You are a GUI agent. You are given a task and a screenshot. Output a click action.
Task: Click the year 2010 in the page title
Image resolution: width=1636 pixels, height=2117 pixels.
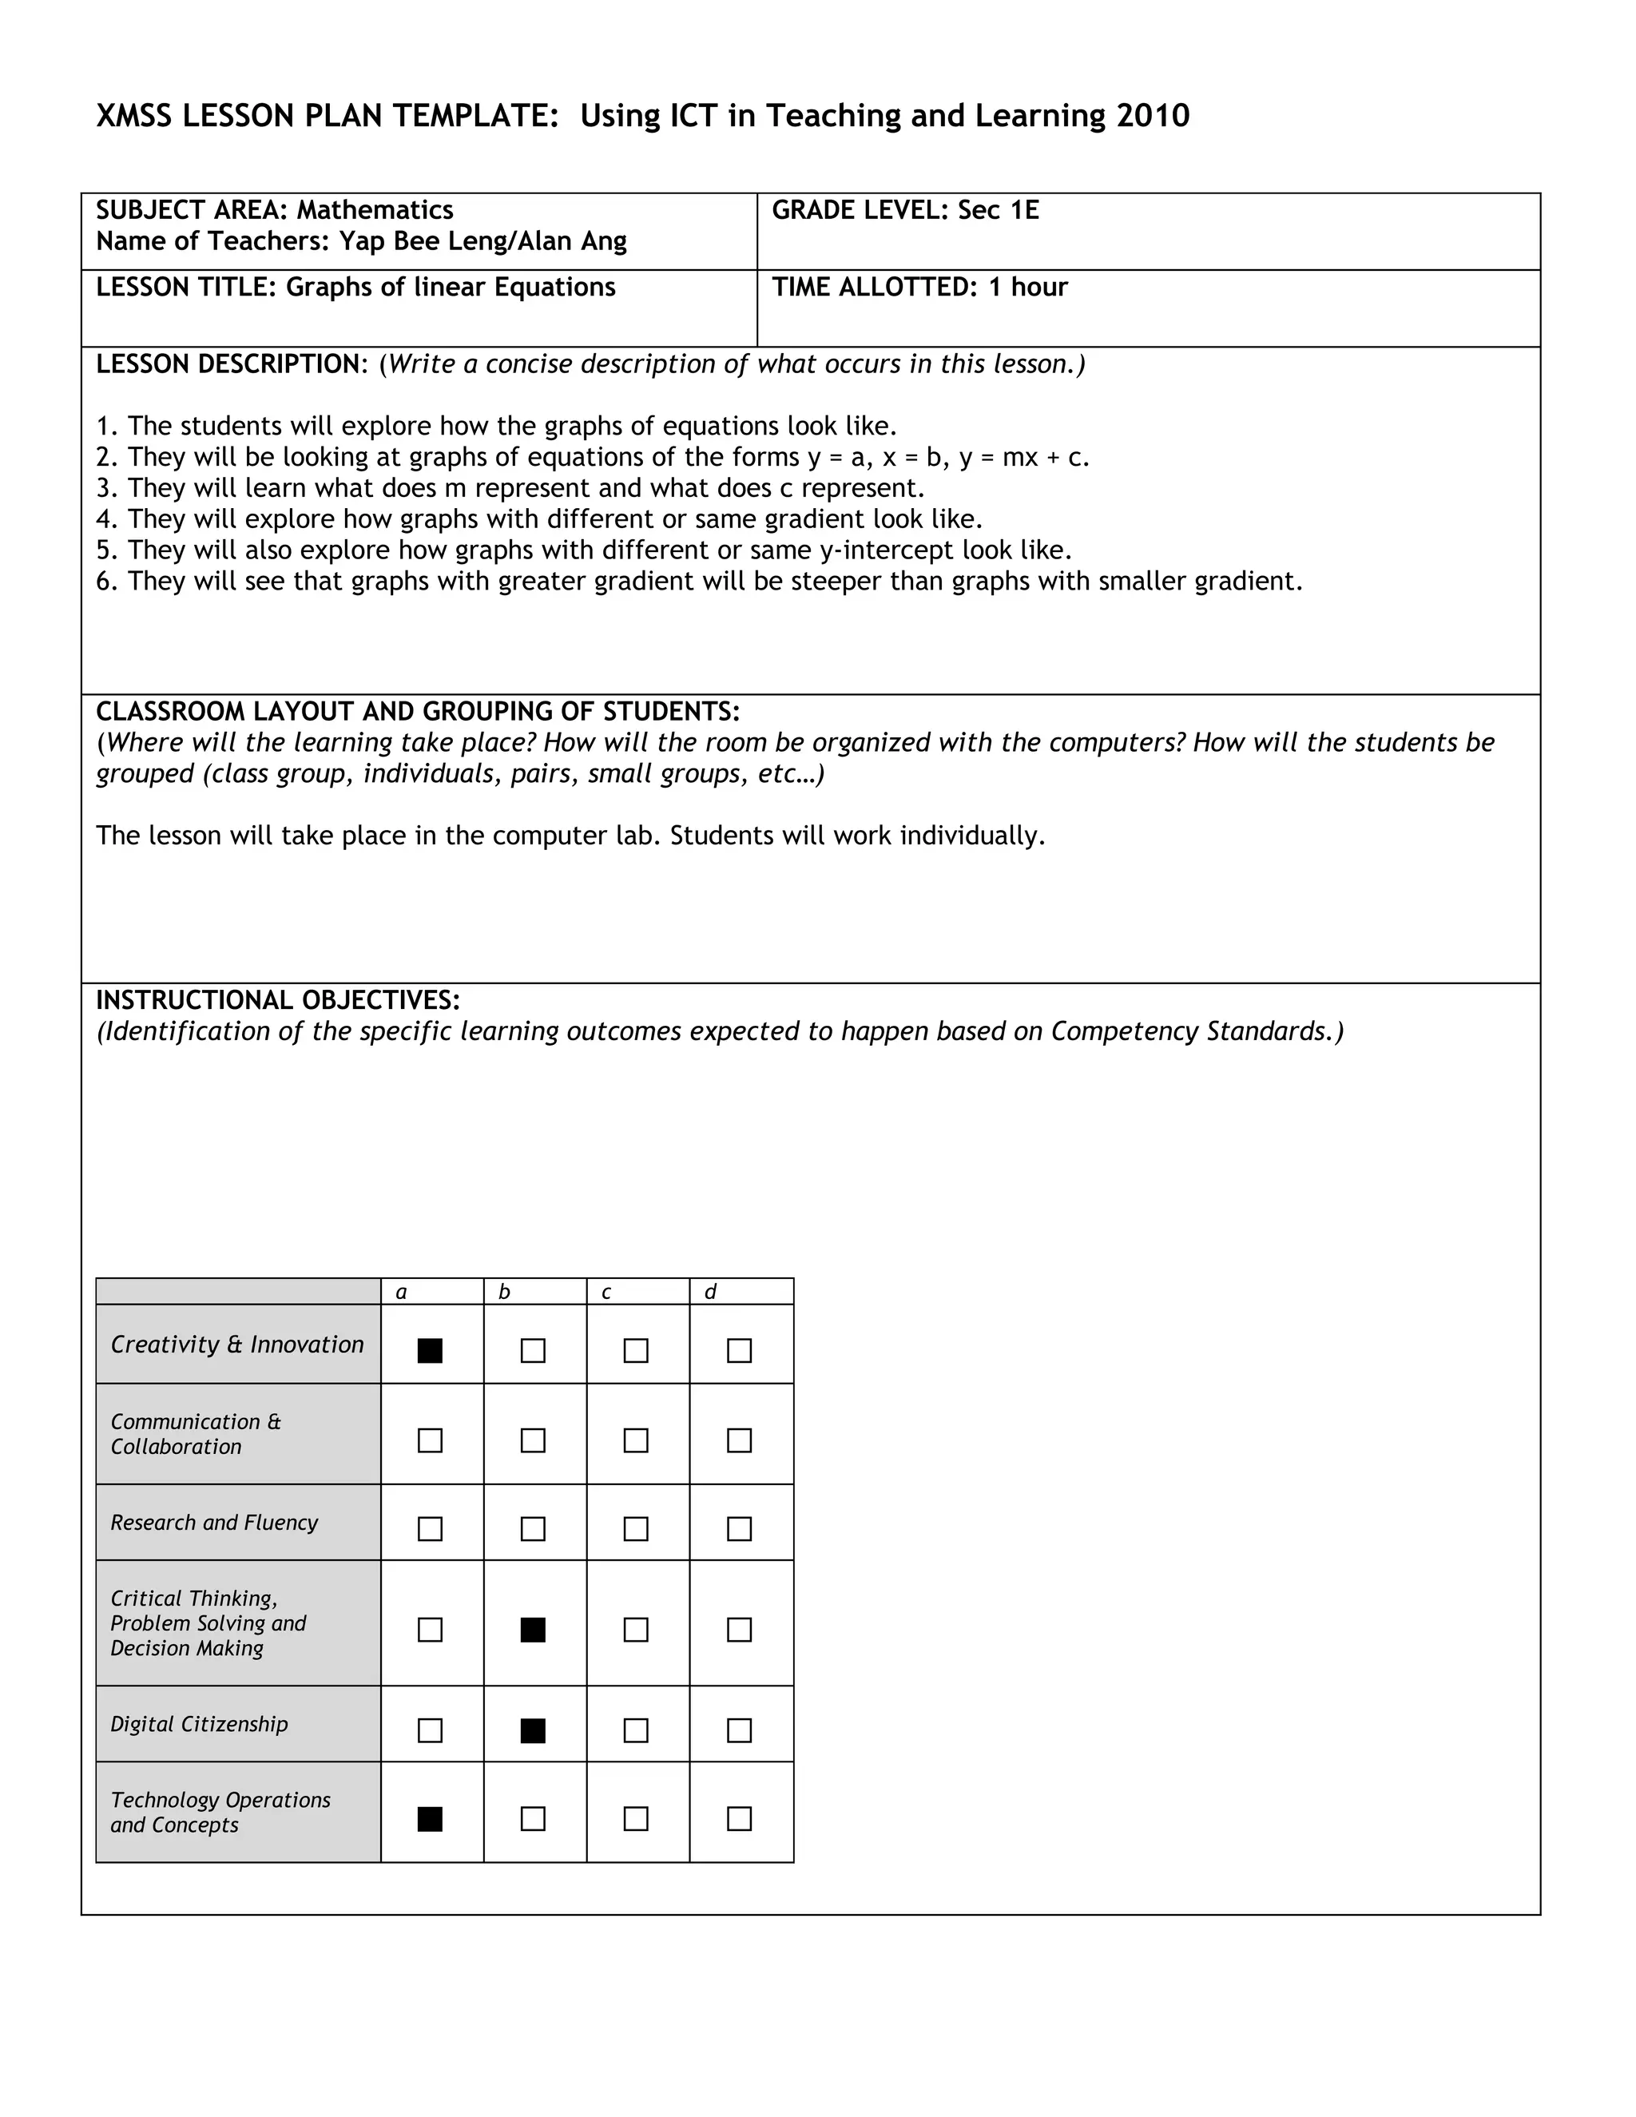click(x=1153, y=117)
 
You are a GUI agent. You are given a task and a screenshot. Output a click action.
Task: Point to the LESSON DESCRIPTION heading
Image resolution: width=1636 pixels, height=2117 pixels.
click(x=228, y=364)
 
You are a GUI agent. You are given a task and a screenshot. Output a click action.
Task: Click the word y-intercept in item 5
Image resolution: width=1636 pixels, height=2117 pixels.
click(x=886, y=550)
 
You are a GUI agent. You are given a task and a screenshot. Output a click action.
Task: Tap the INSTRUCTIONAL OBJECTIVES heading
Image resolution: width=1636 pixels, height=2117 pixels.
click(x=277, y=1000)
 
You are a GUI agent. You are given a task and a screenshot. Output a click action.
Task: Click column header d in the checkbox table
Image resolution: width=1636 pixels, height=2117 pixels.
click(x=710, y=1292)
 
